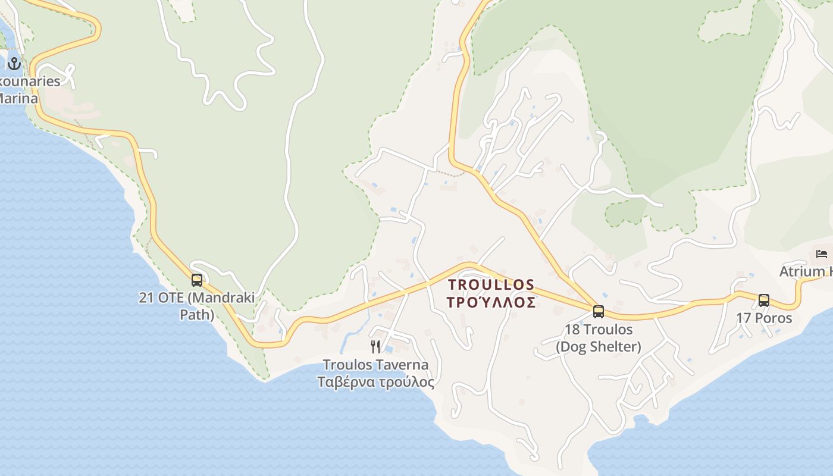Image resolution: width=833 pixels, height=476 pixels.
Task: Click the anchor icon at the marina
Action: (x=14, y=64)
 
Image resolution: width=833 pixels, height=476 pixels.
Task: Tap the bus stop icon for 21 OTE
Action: (x=196, y=280)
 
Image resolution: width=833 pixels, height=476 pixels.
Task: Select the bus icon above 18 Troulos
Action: (x=599, y=311)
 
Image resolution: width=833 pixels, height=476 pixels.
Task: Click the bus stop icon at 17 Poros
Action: (x=764, y=300)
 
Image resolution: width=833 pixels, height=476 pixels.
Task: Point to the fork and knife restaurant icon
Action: (x=375, y=347)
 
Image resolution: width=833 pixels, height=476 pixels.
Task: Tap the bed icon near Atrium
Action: (x=822, y=254)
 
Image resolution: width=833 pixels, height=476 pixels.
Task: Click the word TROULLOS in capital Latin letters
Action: (x=491, y=285)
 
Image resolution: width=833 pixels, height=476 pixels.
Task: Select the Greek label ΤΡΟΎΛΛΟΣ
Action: (x=491, y=302)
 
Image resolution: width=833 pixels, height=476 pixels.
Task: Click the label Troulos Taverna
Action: (x=375, y=365)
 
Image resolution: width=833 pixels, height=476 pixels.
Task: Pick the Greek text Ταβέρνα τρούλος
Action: (x=375, y=382)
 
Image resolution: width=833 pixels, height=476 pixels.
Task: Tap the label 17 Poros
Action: (x=764, y=318)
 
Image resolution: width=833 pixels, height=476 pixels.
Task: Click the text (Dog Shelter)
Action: (x=599, y=347)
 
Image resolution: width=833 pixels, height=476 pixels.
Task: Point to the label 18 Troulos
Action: (x=599, y=330)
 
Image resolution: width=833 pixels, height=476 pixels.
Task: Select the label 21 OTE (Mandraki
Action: (x=196, y=297)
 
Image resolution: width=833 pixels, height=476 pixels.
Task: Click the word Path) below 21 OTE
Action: (x=196, y=314)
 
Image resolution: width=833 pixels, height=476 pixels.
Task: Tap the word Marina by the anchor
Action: (x=18, y=98)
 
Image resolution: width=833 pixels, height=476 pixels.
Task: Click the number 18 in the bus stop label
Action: (x=572, y=330)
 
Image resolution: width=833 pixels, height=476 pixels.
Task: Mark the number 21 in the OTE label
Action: (x=146, y=297)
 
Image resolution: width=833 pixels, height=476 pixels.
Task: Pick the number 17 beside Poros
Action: (x=744, y=318)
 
